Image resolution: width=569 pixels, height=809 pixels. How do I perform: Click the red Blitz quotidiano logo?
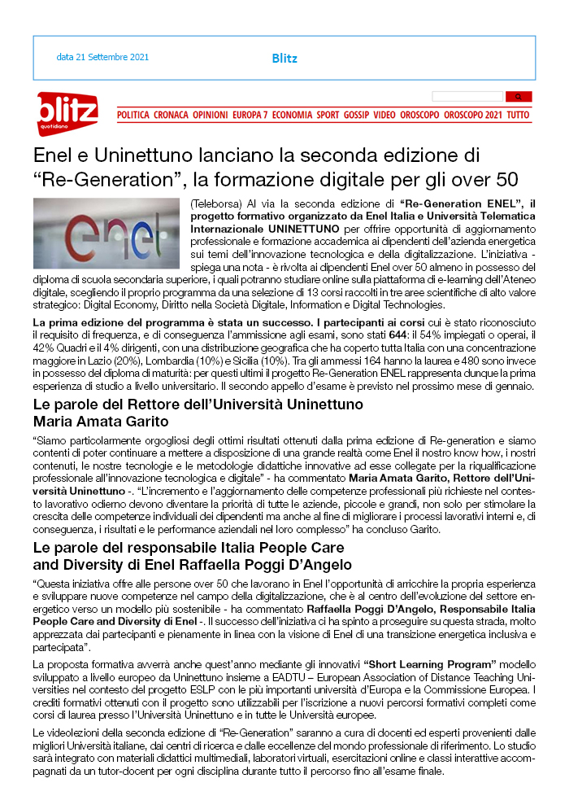click(x=67, y=112)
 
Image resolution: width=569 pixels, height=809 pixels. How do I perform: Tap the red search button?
click(x=519, y=96)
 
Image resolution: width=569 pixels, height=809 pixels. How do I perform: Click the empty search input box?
click(x=467, y=96)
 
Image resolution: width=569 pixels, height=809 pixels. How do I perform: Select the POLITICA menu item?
click(x=133, y=116)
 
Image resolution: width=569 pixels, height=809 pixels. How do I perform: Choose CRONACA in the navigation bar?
click(x=171, y=116)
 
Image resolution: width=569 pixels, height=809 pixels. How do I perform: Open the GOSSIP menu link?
click(x=356, y=116)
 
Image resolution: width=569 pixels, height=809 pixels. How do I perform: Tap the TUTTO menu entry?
click(x=518, y=116)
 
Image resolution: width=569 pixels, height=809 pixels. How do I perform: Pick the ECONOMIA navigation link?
click(x=293, y=116)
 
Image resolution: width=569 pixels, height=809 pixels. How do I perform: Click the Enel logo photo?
click(x=107, y=233)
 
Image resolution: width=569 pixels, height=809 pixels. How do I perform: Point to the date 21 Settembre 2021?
click(x=102, y=58)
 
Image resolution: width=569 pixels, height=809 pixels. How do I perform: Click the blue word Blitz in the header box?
click(x=284, y=59)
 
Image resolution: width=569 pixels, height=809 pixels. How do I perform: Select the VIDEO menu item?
click(x=384, y=116)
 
